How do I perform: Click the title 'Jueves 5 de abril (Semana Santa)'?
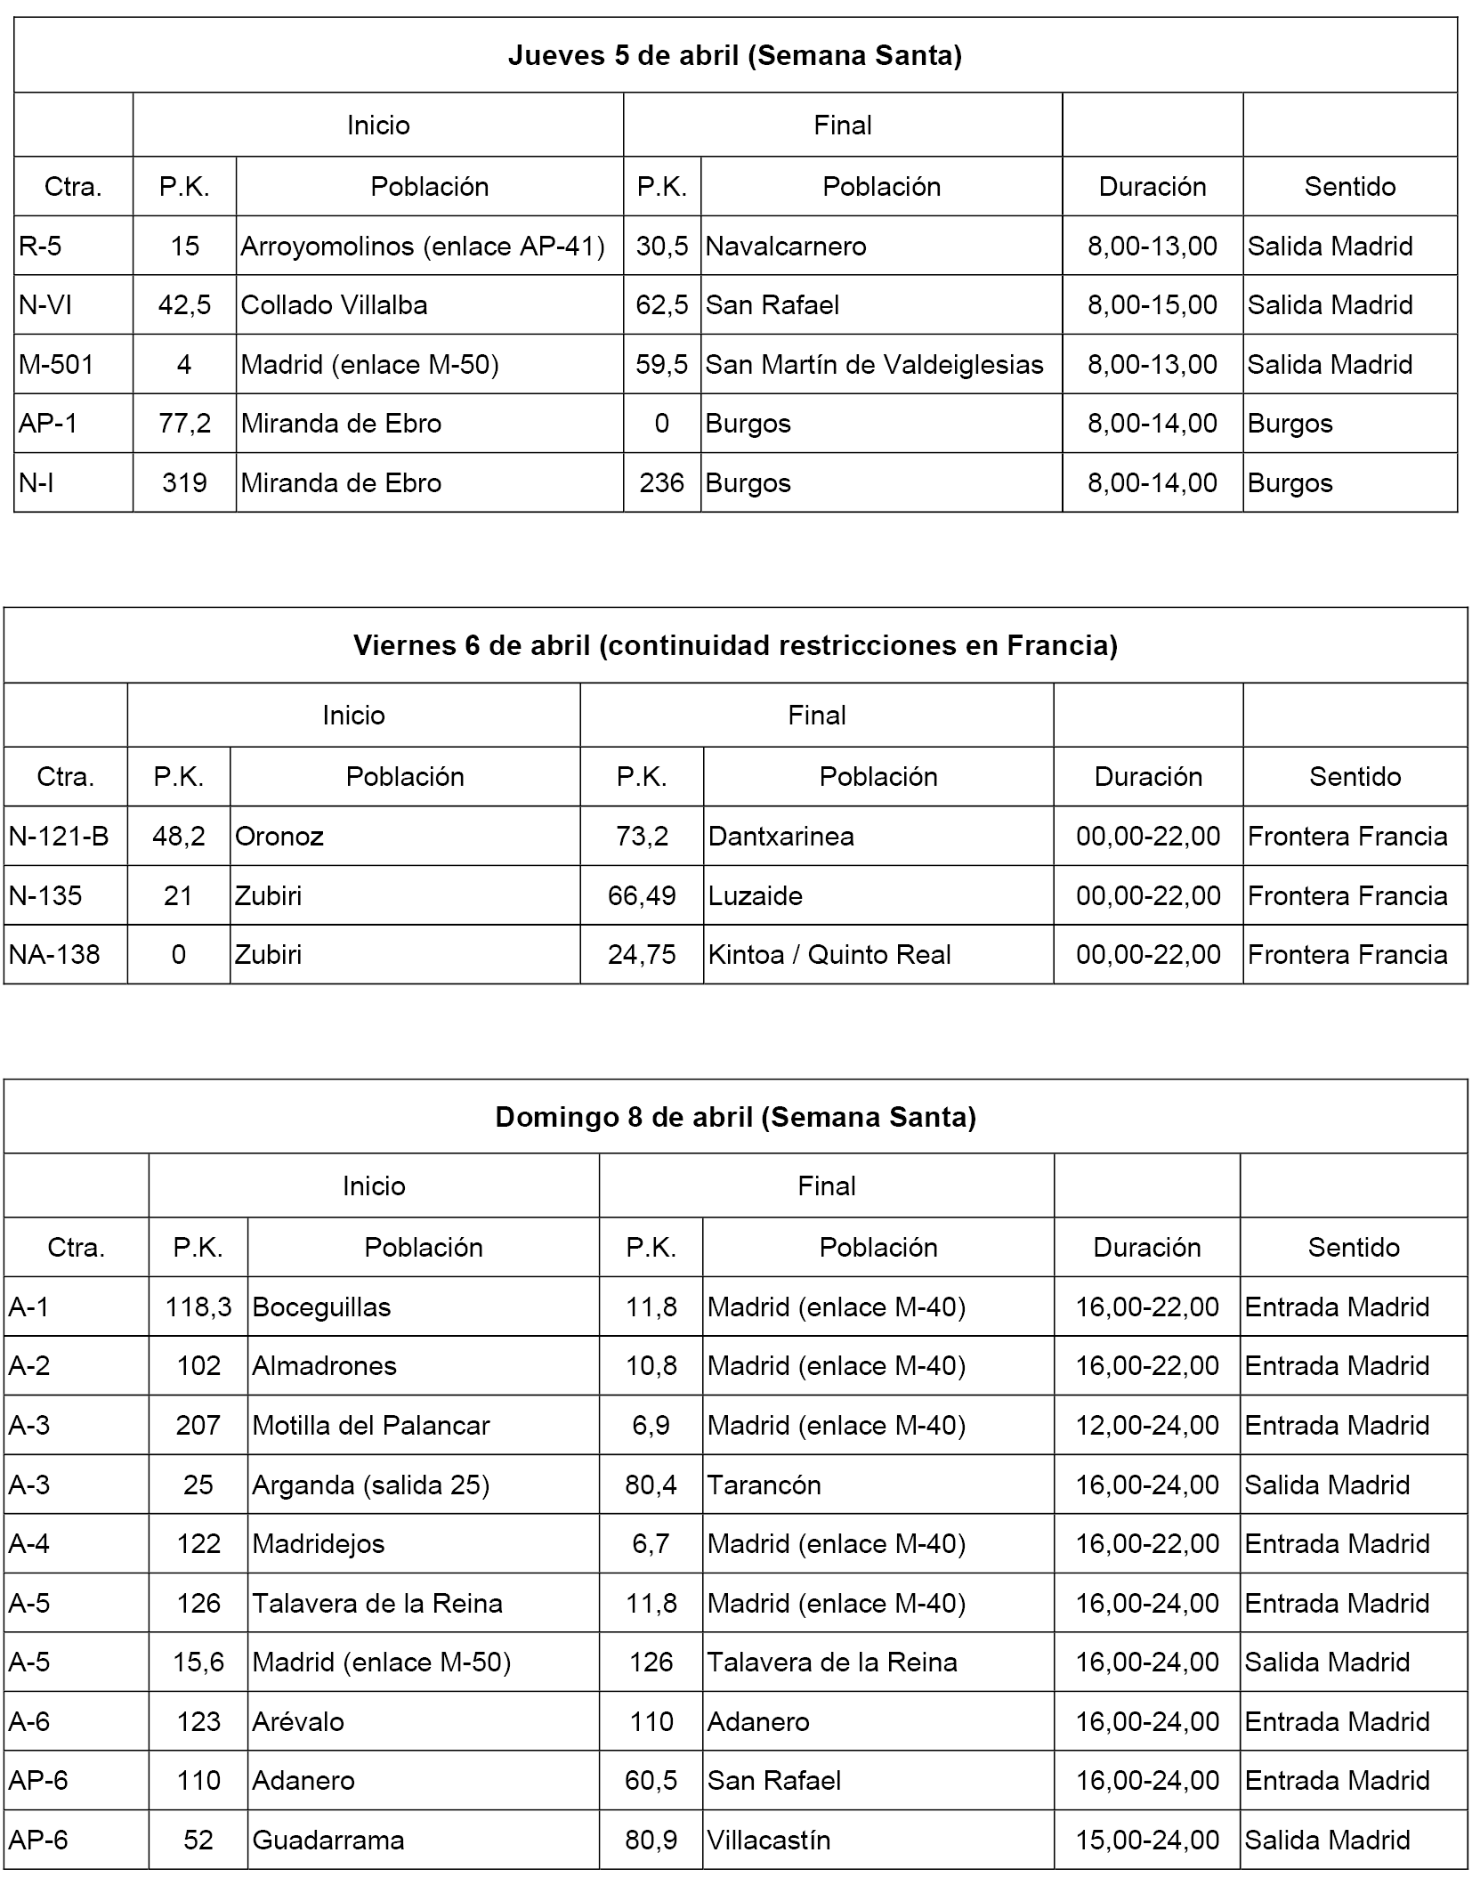click(734, 56)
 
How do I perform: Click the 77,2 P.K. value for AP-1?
click(184, 424)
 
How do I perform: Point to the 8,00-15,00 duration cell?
click(1152, 305)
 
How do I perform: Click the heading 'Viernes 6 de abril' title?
click(734, 645)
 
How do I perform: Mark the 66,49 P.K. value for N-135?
click(641, 895)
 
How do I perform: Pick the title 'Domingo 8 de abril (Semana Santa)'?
click(734, 1117)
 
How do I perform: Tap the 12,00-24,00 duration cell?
click(1146, 1426)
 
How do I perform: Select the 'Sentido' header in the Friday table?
click(1355, 777)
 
